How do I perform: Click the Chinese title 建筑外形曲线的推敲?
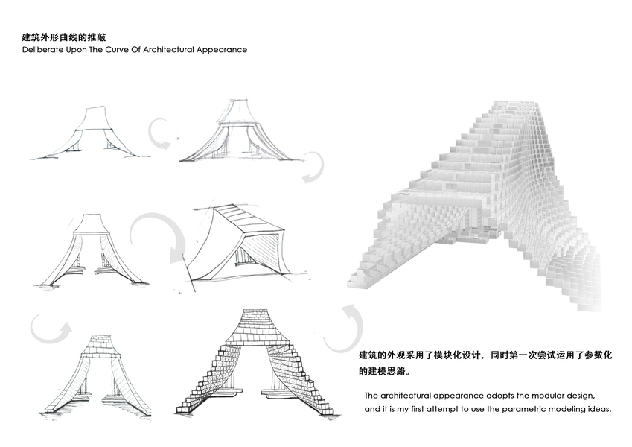[x=69, y=36]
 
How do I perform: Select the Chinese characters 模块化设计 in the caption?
[x=462, y=355]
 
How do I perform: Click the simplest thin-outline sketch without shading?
[x=86, y=134]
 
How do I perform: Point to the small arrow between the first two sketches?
[x=162, y=133]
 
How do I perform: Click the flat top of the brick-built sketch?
[x=252, y=315]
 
